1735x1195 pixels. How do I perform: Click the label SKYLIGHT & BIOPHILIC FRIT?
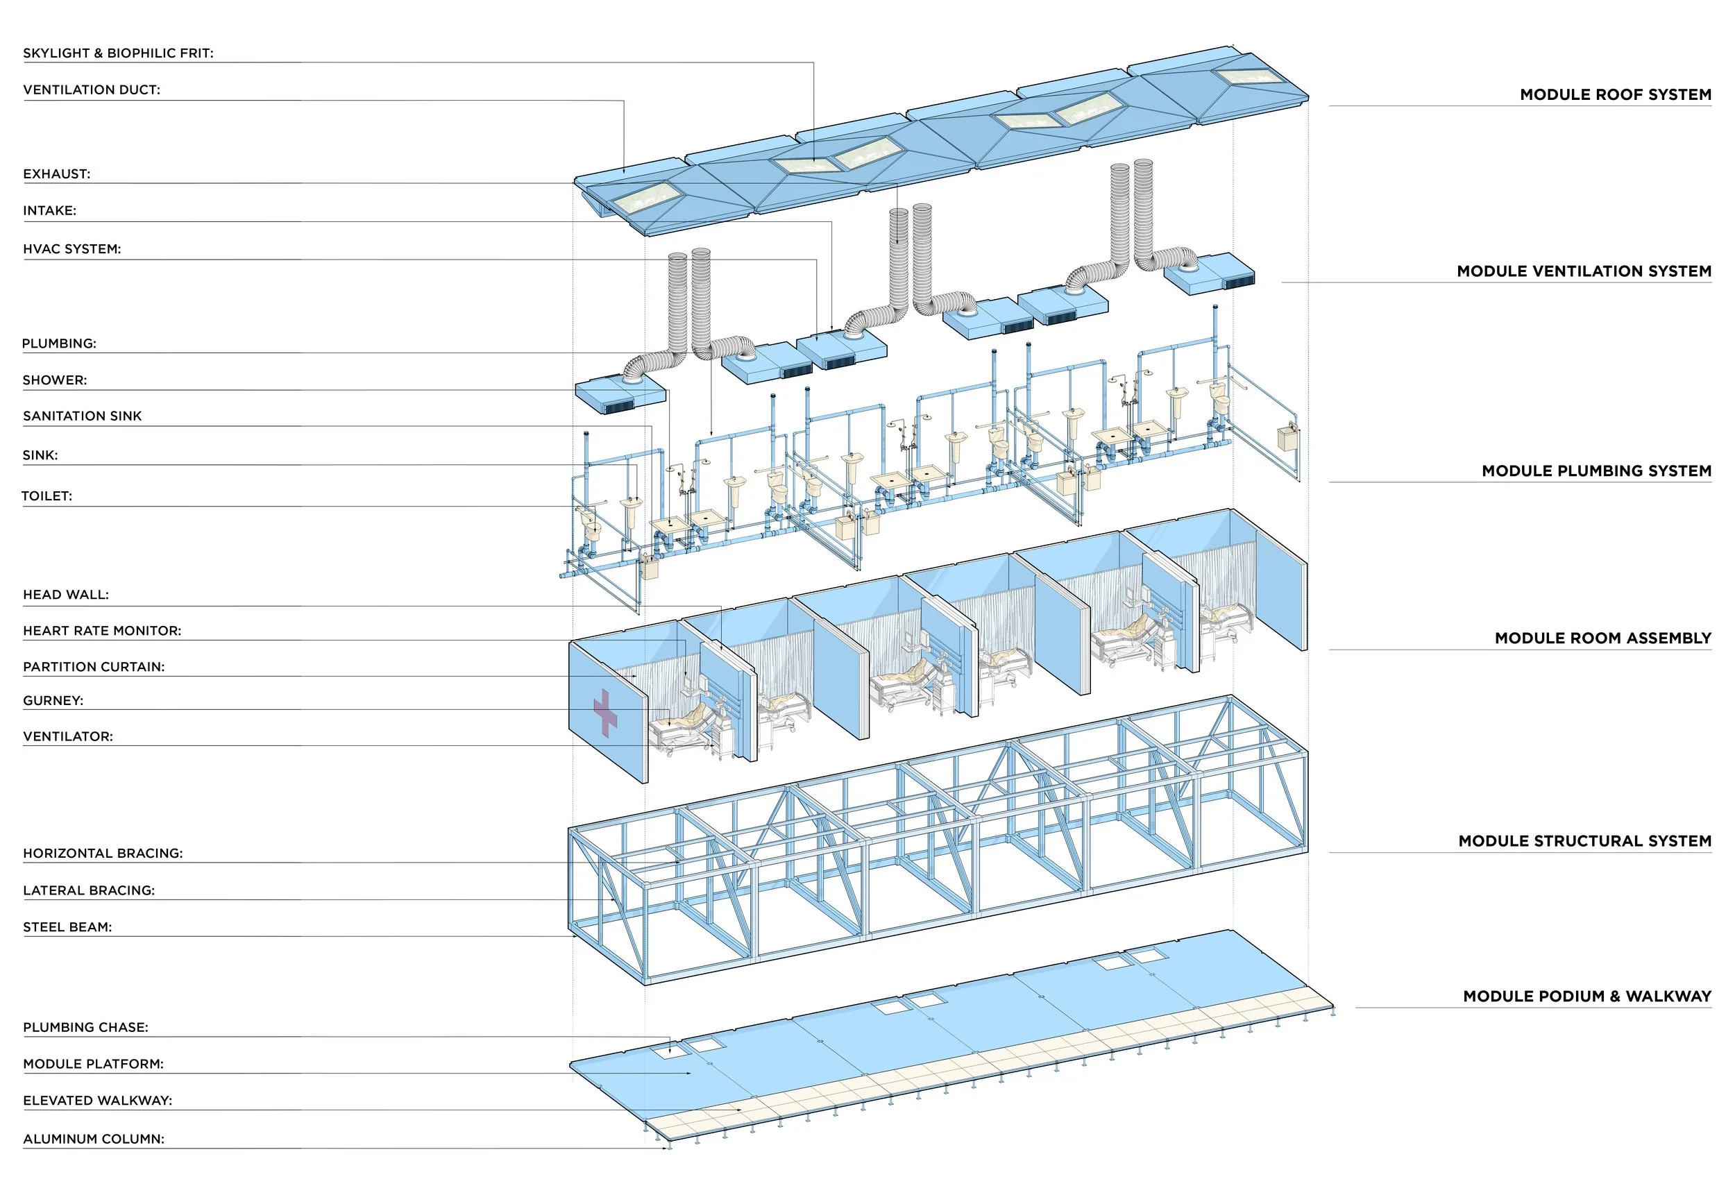[117, 53]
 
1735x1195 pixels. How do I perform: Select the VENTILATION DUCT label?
[92, 90]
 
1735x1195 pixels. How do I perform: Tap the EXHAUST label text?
[56, 173]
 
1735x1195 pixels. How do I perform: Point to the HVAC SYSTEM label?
[71, 248]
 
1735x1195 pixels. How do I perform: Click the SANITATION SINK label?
[82, 416]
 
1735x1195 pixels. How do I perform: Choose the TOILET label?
[46, 495]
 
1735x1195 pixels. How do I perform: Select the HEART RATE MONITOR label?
[102, 630]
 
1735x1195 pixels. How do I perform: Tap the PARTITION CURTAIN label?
[94, 666]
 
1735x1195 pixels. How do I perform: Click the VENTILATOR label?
[67, 736]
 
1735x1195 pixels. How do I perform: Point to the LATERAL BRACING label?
[88, 890]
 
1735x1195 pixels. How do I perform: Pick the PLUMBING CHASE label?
[85, 1027]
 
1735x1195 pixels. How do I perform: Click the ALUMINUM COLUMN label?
[94, 1139]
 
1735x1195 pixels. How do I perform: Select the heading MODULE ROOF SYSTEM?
[1615, 94]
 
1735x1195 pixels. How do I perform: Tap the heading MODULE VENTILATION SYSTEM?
[1584, 271]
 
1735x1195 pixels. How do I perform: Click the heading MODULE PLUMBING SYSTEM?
[1596, 471]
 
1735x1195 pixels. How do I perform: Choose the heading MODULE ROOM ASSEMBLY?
[1602, 638]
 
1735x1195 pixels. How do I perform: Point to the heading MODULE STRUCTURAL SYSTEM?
[1584, 841]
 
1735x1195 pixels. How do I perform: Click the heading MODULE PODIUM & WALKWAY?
[1586, 996]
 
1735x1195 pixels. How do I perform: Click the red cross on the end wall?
[605, 713]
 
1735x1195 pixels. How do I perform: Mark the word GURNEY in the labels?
[53, 701]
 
